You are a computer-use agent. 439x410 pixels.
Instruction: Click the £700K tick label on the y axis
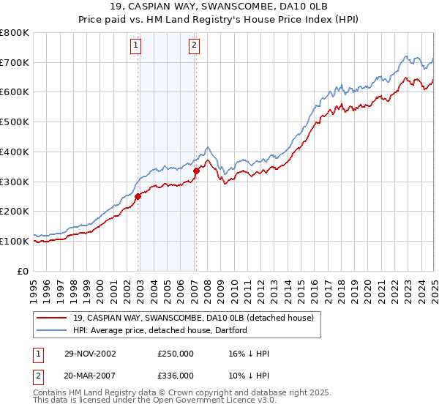[x=15, y=62]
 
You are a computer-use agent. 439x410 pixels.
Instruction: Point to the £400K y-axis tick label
[x=15, y=152]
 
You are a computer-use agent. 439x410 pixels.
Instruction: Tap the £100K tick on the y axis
[x=15, y=241]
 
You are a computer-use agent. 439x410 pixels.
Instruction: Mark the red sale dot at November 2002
[x=138, y=195]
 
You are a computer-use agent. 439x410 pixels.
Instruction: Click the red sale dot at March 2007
[x=196, y=171]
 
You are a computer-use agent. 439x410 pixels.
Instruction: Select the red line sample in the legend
[x=53, y=318]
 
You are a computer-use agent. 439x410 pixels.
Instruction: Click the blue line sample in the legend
[x=53, y=329]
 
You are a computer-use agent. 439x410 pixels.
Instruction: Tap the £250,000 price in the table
[x=176, y=354]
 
